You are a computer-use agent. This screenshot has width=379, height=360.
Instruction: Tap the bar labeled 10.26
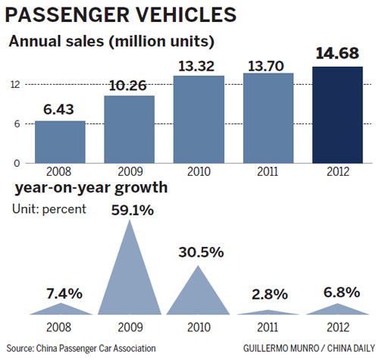pyautogui.click(x=129, y=129)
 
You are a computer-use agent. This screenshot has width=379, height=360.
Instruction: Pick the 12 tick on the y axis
pyautogui.click(x=16, y=84)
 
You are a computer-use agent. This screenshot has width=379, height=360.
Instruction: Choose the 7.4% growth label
pyautogui.click(x=61, y=290)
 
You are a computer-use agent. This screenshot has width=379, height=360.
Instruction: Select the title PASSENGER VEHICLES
pyautogui.click(x=121, y=15)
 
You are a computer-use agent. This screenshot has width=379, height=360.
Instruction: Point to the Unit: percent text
pyautogui.click(x=47, y=208)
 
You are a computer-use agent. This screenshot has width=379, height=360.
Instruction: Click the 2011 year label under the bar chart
pyautogui.click(x=267, y=172)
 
